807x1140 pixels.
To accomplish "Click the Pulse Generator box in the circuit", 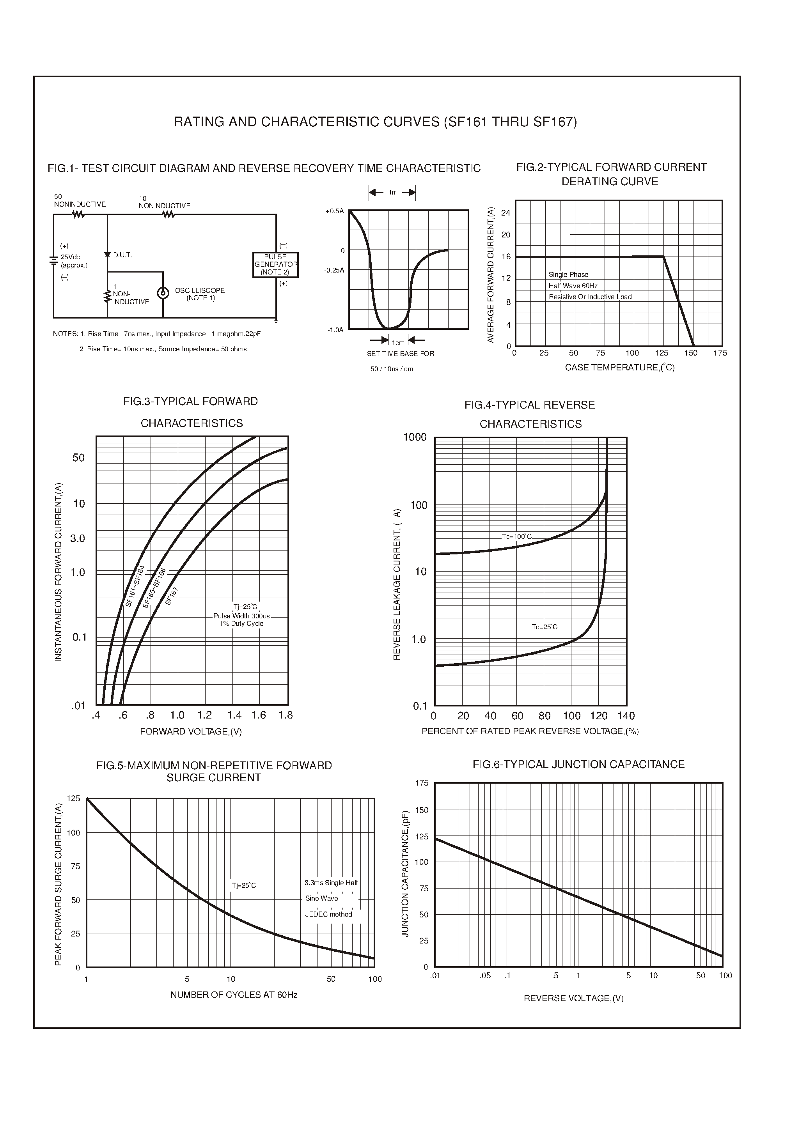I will click(x=275, y=265).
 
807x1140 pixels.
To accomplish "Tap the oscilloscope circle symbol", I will click(x=163, y=293).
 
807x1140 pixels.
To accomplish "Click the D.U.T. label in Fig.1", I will click(x=122, y=255).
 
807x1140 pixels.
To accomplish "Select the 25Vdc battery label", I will click(x=70, y=257).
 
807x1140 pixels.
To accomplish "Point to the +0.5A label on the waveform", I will click(x=334, y=211).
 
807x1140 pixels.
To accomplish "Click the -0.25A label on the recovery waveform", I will click(x=334, y=270).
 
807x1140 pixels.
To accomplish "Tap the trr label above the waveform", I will click(x=392, y=193).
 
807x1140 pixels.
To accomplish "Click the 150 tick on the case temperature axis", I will click(x=690, y=353).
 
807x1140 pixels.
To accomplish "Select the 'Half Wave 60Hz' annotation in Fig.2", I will click(x=573, y=286).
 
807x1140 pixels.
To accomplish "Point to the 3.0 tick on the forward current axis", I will click(x=78, y=538).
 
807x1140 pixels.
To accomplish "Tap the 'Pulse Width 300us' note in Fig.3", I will click(x=241, y=616).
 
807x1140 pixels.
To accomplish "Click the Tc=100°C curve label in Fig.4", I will click(x=516, y=536).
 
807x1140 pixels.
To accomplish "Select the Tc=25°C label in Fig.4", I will click(x=545, y=627).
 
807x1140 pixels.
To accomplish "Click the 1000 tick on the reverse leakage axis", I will click(x=415, y=437).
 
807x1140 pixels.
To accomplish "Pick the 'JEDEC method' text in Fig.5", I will click(x=328, y=914).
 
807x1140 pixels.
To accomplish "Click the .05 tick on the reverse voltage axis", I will click(x=485, y=975).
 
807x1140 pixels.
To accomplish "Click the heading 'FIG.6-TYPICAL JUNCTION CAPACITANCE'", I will click(x=578, y=765).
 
